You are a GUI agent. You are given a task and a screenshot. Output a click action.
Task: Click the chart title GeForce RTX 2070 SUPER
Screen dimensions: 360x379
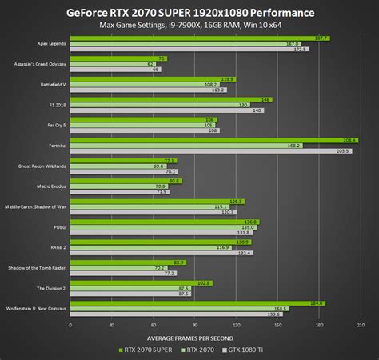pos(189,14)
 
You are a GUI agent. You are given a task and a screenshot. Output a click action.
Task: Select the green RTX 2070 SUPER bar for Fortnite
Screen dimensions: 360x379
pos(208,140)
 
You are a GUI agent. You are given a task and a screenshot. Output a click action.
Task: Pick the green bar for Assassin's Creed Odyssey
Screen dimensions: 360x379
pos(118,58)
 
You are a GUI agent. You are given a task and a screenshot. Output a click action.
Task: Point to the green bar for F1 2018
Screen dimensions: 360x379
pos(171,99)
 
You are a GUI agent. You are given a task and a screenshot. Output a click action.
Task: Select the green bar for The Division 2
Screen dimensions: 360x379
pos(141,282)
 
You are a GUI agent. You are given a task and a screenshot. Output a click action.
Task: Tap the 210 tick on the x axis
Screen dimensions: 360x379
pos(361,325)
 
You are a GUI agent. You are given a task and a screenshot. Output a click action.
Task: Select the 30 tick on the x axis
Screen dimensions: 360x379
pos(112,325)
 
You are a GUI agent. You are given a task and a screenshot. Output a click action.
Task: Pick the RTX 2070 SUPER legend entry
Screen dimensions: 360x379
pos(145,349)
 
